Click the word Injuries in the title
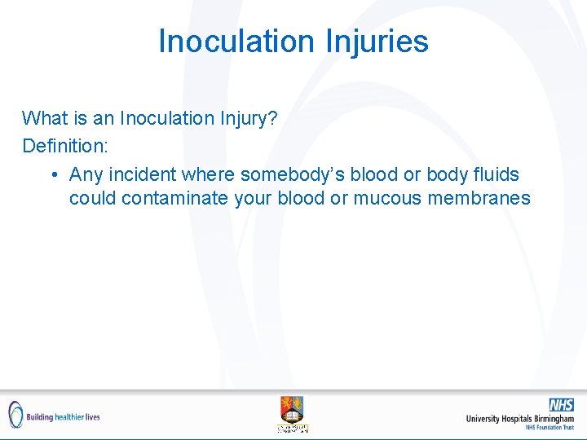377,41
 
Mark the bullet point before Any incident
53,175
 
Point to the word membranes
481,198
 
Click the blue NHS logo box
561,405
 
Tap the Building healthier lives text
63,416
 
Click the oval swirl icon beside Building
15,415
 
